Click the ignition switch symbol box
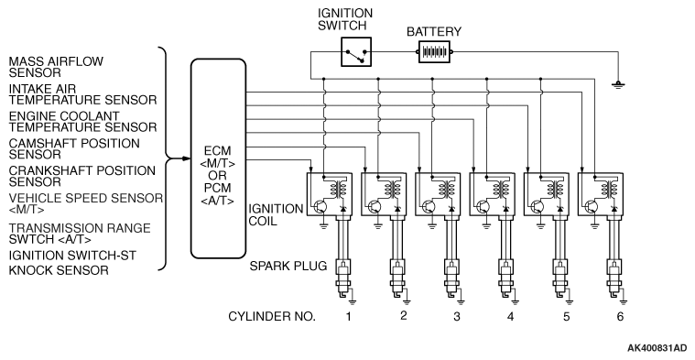coord(356,52)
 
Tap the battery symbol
coord(434,52)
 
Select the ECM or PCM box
coord(218,158)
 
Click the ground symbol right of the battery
coord(617,84)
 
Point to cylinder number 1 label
coord(349,316)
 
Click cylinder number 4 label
coord(511,316)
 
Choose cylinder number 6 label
coord(620,316)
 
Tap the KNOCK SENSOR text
coord(59,270)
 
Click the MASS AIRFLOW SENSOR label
coord(56,67)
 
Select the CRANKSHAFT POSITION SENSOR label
coord(82,176)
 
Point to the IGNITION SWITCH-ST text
coord(72,256)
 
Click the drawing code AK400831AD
coord(657,348)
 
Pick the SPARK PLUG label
coord(288,266)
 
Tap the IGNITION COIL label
coord(276,214)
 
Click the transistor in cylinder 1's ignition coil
coord(320,207)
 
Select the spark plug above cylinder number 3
coord(451,280)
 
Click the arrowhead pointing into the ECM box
coord(187,158)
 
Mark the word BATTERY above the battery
coord(434,32)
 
